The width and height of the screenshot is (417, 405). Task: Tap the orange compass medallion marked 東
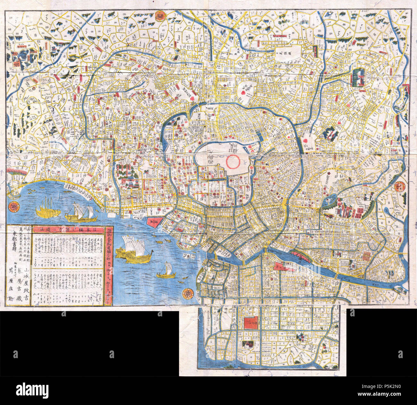click(187, 293)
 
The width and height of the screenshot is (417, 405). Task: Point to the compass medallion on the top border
click(159, 16)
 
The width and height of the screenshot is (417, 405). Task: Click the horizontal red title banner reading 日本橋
click(69, 229)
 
